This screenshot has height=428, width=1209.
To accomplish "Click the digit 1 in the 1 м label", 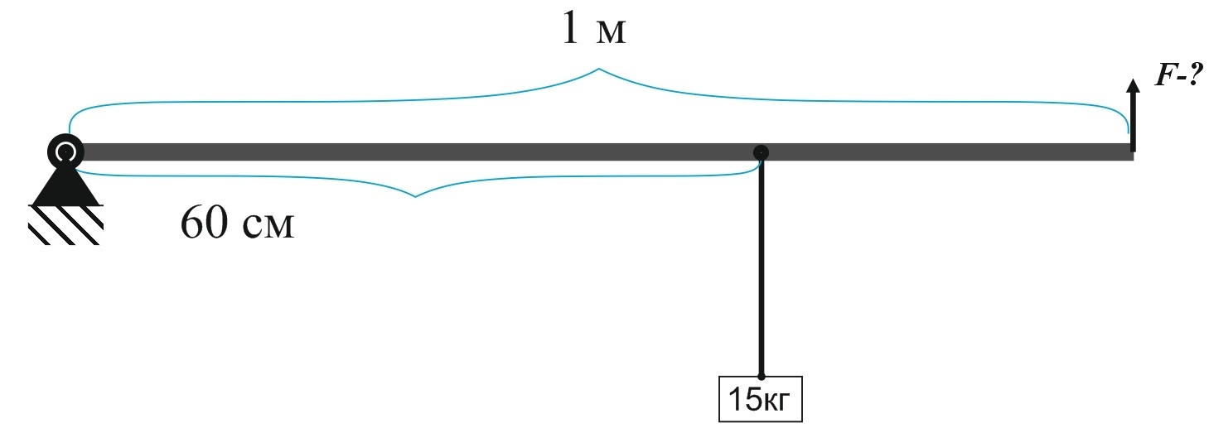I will pos(568,30).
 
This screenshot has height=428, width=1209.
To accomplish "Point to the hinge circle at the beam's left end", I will pos(65,151).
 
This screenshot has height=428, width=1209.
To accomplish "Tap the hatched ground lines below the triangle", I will pos(65,224).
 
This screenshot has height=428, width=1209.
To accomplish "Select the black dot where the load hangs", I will pos(761,152).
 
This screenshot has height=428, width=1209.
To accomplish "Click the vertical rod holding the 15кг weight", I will pos(761,265).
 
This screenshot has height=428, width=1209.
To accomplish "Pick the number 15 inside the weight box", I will pos(743,400).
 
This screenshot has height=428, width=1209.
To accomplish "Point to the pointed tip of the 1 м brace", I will pos(598,70).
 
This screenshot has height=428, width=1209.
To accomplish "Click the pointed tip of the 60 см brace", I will pos(414,196).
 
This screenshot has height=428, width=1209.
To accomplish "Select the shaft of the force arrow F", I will pos(1132,124).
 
